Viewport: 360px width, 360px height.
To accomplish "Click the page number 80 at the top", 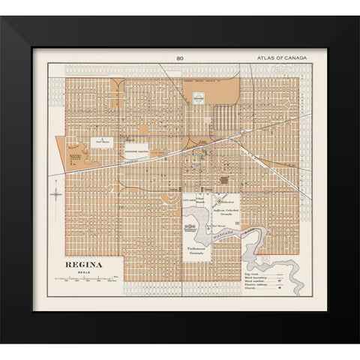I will coord(180,58).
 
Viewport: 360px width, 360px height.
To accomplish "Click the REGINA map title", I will coord(82,265).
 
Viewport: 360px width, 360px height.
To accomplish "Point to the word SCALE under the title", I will coord(82,271).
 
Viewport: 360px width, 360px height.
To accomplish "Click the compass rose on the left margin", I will coord(56,193).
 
